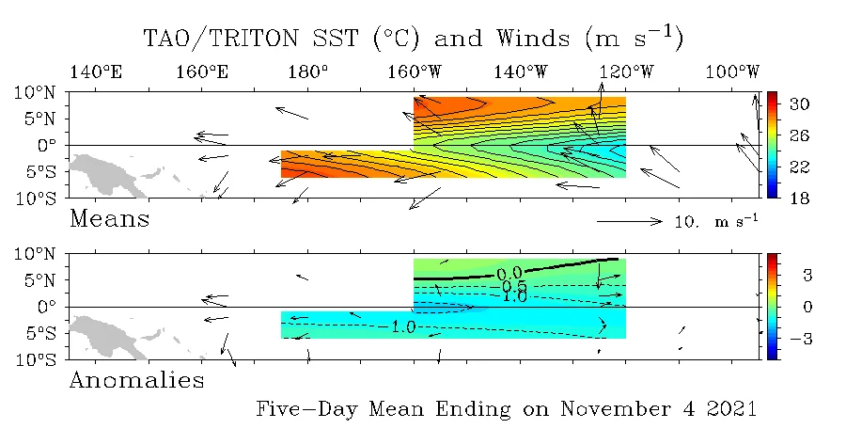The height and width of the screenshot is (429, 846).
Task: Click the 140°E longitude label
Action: [x=96, y=71]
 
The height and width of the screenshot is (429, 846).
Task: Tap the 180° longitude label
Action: [x=308, y=71]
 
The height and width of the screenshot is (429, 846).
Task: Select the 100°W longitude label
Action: [x=732, y=71]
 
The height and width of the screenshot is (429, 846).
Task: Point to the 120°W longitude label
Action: [x=627, y=71]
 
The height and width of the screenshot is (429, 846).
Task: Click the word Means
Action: [x=110, y=219]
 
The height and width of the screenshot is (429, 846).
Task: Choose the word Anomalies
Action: [x=137, y=380]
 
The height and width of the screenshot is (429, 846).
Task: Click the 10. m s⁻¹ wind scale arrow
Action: [x=630, y=221]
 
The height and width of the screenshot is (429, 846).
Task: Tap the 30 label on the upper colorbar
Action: [x=799, y=103]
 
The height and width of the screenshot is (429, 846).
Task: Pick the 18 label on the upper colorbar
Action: [x=799, y=199]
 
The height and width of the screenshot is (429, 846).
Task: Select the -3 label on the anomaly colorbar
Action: [x=801, y=339]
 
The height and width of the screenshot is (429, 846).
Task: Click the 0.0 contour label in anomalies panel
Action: [x=509, y=274]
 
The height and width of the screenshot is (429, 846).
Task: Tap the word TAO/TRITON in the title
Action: [x=221, y=39]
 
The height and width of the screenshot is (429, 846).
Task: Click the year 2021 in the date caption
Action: [x=731, y=408]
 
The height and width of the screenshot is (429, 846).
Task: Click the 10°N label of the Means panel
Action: [x=35, y=92]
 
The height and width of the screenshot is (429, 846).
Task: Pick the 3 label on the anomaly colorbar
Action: [x=807, y=276]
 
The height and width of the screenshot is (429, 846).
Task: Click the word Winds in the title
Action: [x=533, y=39]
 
